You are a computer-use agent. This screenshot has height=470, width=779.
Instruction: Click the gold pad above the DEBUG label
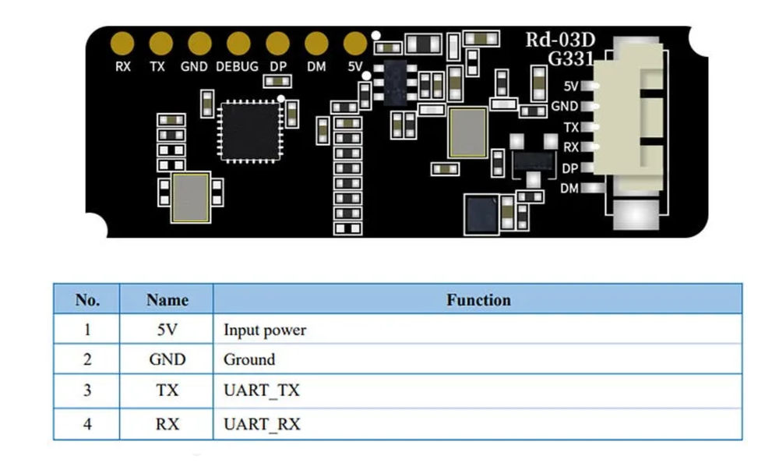coord(238,43)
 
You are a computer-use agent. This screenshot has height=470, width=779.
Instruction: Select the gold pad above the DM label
coord(316,43)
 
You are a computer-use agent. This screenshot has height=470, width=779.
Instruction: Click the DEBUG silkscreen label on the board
coord(237,67)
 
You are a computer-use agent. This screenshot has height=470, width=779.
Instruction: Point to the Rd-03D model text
coord(559,41)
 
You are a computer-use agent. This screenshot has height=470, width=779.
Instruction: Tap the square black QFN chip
coord(249,131)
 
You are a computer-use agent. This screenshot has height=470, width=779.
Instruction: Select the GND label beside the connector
coord(564,106)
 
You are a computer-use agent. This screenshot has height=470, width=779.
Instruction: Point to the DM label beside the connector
coord(569,188)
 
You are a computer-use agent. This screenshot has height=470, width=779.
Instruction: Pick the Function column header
coord(478,299)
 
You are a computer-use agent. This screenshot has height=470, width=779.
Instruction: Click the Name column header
coord(167,299)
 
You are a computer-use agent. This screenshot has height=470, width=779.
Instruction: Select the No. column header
coord(86,299)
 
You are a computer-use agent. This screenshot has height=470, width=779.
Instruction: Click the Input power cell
coord(265,330)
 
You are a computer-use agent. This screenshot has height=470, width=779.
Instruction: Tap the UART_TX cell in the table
coord(261,390)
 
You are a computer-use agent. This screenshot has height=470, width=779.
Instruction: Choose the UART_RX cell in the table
coord(262,425)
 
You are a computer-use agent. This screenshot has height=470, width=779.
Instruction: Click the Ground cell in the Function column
coord(249,359)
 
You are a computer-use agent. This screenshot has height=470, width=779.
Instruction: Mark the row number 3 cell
coord(86,390)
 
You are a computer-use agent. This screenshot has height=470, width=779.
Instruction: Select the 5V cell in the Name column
coord(167,330)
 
